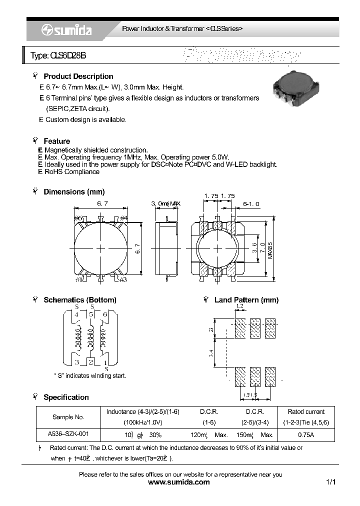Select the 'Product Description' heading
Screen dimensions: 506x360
pos(78,76)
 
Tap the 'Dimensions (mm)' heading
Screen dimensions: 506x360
pos(74,192)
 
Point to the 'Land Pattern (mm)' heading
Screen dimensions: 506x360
pos(246,300)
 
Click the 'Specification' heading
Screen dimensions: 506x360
pos(66,397)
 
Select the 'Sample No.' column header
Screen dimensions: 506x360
pos(68,416)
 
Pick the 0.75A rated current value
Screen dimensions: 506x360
pos(306,435)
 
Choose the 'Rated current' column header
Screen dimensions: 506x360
pos(306,411)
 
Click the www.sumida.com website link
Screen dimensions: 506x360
pos(179,482)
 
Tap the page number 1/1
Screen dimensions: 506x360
pos(330,482)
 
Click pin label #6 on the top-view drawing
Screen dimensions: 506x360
pos(78,218)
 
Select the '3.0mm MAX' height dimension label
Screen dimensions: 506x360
pos(165,203)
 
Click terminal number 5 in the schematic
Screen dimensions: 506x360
pos(91,315)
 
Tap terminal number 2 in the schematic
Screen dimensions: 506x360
pos(91,361)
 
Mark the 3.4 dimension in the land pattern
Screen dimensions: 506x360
pos(211,353)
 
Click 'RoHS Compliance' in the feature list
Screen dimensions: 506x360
pos(72,172)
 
